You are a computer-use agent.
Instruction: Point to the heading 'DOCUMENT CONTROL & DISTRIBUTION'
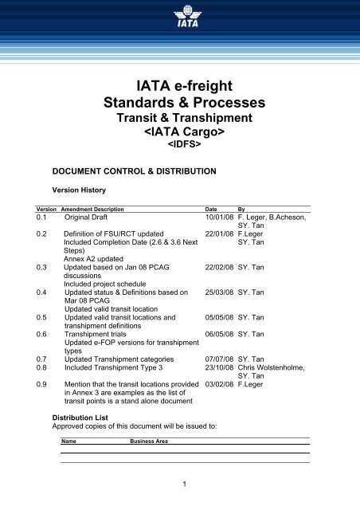pos(128,171)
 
